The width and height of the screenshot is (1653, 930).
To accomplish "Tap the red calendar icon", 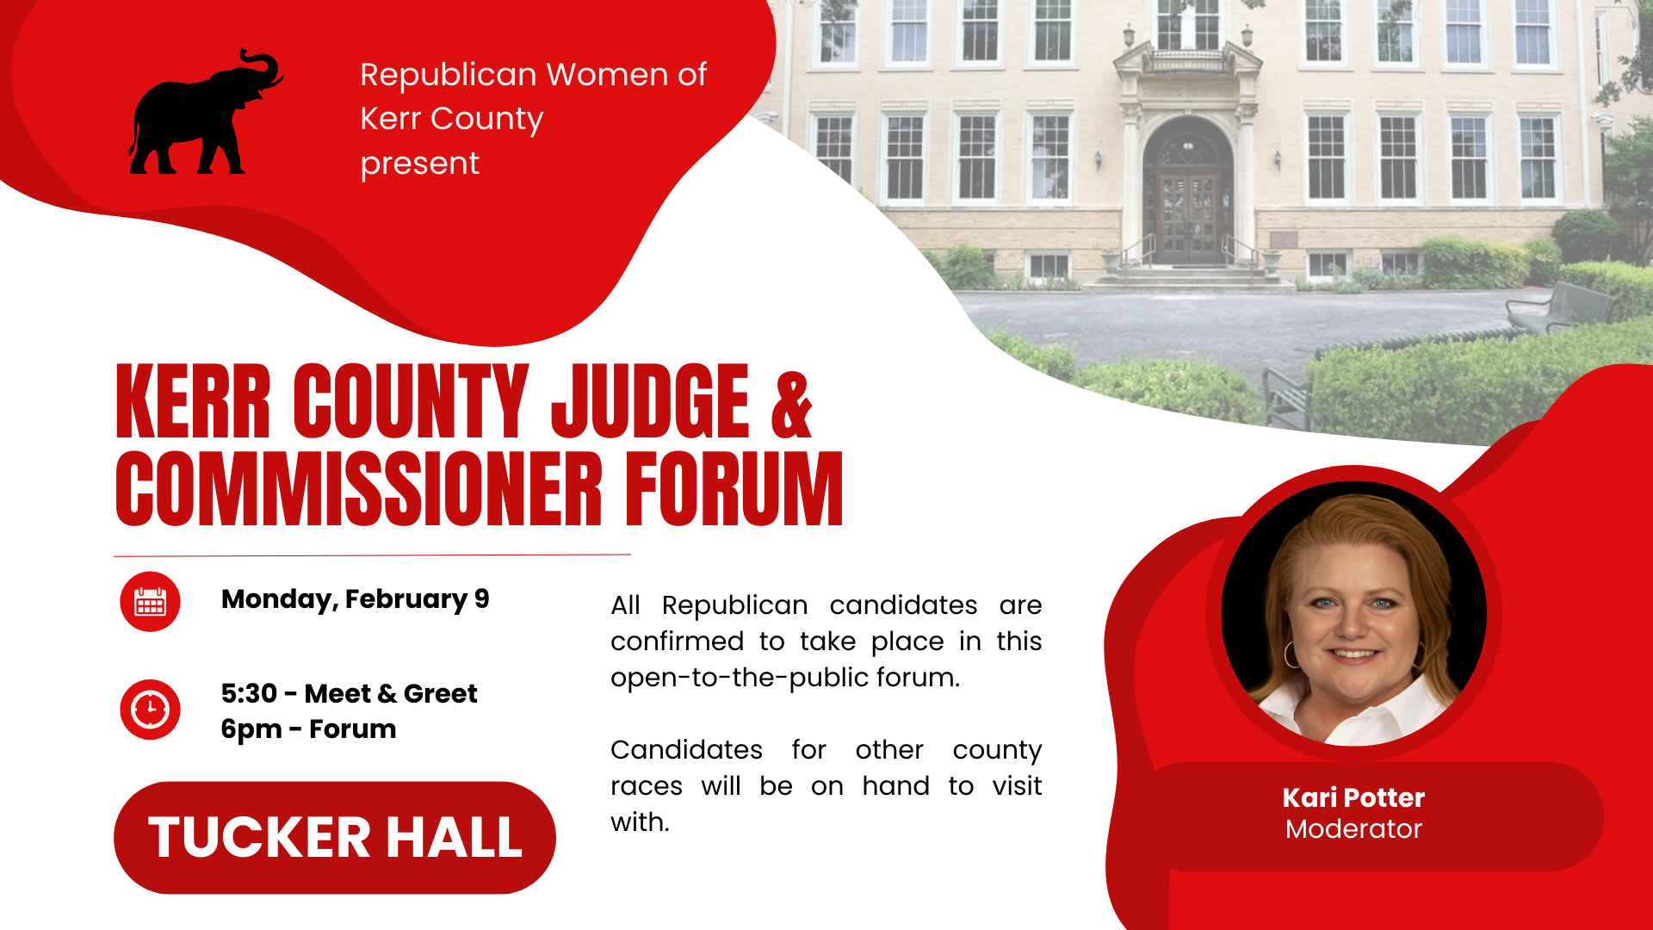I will (150, 602).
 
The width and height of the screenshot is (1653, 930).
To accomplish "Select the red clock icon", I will (150, 710).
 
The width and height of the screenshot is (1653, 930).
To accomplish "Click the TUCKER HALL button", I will (334, 837).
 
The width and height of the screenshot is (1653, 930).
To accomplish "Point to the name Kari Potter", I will (1353, 797).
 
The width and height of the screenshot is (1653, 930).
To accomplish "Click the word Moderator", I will (1353, 829).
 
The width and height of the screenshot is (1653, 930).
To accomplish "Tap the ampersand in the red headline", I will (790, 405).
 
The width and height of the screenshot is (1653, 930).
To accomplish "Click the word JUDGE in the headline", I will (650, 401).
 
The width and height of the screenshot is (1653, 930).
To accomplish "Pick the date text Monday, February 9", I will (355, 598).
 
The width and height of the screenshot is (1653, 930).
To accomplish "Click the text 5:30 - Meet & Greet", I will (349, 693).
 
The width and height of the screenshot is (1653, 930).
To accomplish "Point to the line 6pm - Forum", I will (308, 729).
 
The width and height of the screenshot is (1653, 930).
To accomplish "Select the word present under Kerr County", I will (419, 164).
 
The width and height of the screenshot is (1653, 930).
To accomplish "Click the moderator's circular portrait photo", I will (1353, 613).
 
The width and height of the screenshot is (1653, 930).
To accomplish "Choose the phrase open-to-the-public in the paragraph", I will (740, 678).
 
